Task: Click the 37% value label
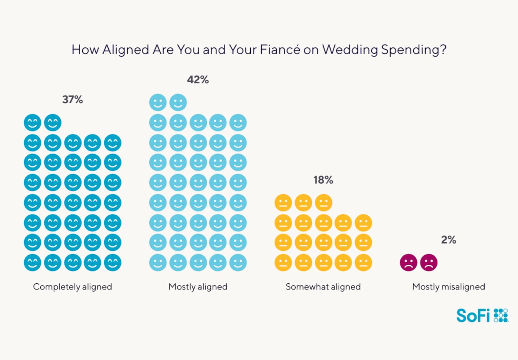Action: click(x=73, y=99)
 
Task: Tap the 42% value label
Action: click(x=198, y=79)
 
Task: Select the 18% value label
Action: click(x=323, y=180)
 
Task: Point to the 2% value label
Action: click(x=449, y=240)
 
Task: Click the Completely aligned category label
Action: click(x=73, y=287)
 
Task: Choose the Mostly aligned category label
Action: click(x=198, y=287)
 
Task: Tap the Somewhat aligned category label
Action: click(x=323, y=287)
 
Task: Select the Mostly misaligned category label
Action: click(x=449, y=287)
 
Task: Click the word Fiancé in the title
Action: click(x=280, y=49)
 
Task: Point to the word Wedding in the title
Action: click(x=350, y=50)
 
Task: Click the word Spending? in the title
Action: click(x=414, y=50)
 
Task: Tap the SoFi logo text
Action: click(x=473, y=316)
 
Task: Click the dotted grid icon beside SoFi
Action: click(x=501, y=315)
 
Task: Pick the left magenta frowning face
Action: click(x=409, y=263)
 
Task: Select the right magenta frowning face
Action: click(x=429, y=263)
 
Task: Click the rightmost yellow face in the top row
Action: click(x=323, y=203)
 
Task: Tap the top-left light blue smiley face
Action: click(x=158, y=103)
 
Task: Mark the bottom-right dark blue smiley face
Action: click(x=113, y=263)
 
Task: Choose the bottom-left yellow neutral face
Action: click(x=283, y=263)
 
